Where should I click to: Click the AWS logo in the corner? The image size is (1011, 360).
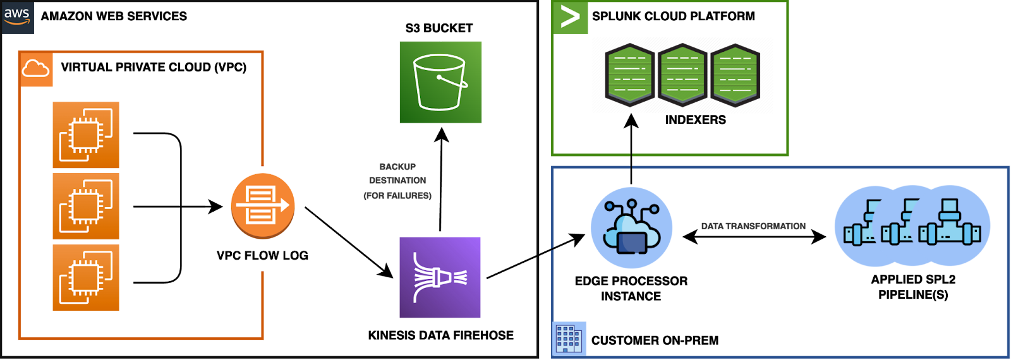pyautogui.click(x=17, y=17)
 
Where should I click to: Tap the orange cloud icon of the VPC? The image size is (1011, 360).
pyautogui.click(x=36, y=69)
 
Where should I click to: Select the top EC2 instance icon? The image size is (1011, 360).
pyautogui.click(x=86, y=135)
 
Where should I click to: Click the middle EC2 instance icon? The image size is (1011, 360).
pyautogui.click(x=86, y=207)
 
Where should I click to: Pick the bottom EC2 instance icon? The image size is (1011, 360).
pyautogui.click(x=86, y=277)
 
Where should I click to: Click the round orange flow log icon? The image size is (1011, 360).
pyautogui.click(x=263, y=206)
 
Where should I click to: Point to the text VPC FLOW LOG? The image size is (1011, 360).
pyautogui.click(x=262, y=255)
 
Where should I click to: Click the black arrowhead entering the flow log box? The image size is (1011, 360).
pyautogui.click(x=216, y=206)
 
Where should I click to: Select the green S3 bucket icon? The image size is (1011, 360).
pyautogui.click(x=440, y=82)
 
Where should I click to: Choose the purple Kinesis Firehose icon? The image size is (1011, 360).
pyautogui.click(x=440, y=277)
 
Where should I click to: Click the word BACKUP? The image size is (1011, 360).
pyautogui.click(x=397, y=166)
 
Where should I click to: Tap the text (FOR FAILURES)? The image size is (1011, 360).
pyautogui.click(x=397, y=196)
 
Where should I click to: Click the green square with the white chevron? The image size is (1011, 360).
pyautogui.click(x=571, y=18)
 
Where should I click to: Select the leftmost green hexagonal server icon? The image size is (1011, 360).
pyautogui.click(x=629, y=75)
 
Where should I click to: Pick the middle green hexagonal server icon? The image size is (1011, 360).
pyautogui.click(x=682, y=75)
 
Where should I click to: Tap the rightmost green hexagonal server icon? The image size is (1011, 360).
pyautogui.click(x=735, y=75)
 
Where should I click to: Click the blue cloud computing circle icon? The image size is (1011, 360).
pyautogui.click(x=631, y=227)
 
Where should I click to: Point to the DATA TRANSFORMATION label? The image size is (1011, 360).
pyautogui.click(x=753, y=226)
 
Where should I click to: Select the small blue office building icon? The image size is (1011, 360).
pyautogui.click(x=569, y=338)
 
